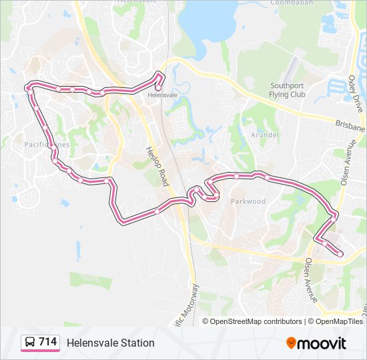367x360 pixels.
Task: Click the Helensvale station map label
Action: [162, 95]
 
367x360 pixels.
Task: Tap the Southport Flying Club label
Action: [288, 90]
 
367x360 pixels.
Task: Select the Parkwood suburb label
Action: [248, 201]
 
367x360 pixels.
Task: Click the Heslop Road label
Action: [158, 167]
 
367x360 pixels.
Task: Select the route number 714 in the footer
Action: [47, 342]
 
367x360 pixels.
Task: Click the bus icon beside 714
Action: [30, 343]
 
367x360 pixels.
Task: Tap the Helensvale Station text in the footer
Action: [110, 343]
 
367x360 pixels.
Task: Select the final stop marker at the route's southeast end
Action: [340, 253]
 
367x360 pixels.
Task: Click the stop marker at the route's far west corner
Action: [28, 87]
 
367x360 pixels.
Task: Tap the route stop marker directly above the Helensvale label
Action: [158, 87]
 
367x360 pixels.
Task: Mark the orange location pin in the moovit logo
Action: [291, 343]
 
